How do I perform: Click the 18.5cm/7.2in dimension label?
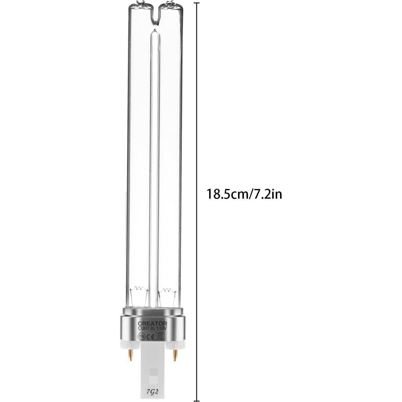(244, 194)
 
